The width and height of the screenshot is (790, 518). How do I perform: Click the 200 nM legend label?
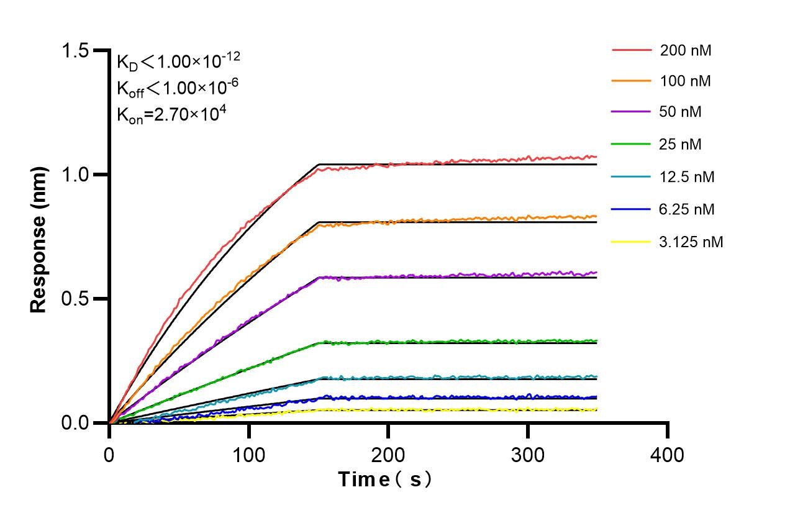click(x=686, y=51)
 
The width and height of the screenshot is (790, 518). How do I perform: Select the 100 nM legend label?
click(x=686, y=81)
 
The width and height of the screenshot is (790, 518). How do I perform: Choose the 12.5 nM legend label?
click(x=687, y=177)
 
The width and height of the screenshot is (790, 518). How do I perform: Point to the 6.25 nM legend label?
click(x=687, y=209)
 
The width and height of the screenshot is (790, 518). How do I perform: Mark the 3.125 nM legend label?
click(x=691, y=242)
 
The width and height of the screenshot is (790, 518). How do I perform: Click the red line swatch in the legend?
click(x=632, y=50)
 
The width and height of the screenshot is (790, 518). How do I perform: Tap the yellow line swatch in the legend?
click(x=632, y=241)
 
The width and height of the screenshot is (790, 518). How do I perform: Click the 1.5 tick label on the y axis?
click(x=78, y=51)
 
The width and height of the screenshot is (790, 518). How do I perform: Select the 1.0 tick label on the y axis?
click(x=78, y=175)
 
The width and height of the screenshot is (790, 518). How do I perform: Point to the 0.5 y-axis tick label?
click(x=78, y=299)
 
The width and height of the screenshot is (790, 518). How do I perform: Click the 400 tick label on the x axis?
click(x=667, y=455)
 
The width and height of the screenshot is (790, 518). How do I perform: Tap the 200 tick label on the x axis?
click(x=388, y=455)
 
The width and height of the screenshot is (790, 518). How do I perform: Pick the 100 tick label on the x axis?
click(x=248, y=455)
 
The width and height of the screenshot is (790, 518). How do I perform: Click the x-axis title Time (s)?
click(x=385, y=479)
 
